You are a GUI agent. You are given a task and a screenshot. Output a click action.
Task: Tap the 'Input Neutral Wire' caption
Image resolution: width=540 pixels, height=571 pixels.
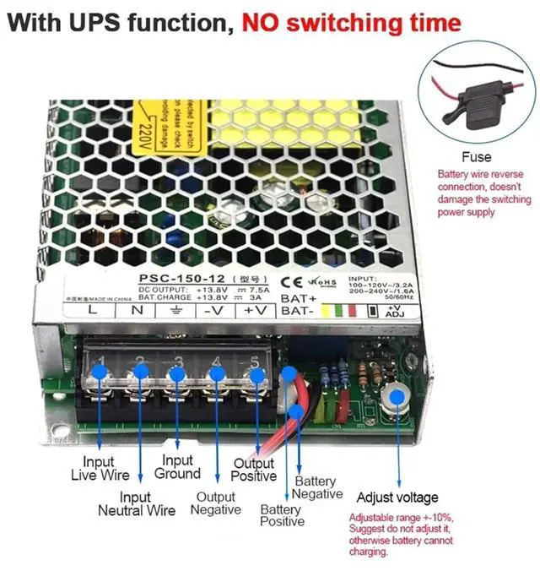coord(137,503)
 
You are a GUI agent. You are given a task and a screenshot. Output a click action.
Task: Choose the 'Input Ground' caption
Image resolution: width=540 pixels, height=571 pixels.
coord(177,467)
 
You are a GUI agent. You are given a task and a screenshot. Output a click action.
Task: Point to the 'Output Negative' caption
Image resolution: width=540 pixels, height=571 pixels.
coord(215,503)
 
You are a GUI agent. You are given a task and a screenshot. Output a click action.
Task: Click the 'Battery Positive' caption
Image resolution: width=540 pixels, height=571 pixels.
coord(282,515)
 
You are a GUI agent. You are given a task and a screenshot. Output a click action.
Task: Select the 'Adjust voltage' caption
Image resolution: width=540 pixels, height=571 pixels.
coord(397,498)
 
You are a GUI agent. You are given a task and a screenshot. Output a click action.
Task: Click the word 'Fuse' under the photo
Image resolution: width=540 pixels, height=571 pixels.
coord(476,158)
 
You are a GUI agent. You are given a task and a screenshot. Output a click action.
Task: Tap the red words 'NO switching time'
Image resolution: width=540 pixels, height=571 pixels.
coord(352,23)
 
